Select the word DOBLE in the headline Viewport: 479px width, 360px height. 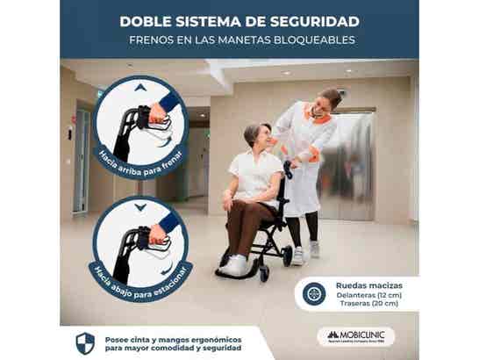[146, 18]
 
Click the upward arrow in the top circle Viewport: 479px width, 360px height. [139, 87]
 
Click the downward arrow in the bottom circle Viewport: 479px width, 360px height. [140, 207]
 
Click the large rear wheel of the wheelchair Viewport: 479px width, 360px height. [287, 255]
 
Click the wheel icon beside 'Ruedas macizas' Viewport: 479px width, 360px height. [313, 294]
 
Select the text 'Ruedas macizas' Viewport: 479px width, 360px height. [366, 284]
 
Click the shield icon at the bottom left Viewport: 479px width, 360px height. [85, 342]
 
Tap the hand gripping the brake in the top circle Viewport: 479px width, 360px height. [158, 112]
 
